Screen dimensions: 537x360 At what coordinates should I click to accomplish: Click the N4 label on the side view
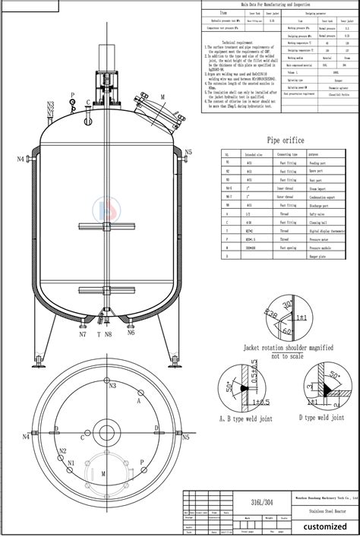pyautogui.click(x=21, y=158)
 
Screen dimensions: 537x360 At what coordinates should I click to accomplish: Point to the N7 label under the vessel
pyautogui.click(x=83, y=334)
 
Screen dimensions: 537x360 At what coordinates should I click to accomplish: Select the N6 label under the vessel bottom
pyautogui.click(x=131, y=332)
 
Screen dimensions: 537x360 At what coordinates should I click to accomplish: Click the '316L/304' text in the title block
pyautogui.click(x=239, y=502)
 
